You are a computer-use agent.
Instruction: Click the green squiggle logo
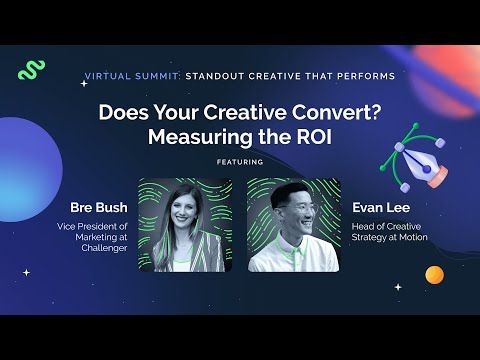coord(31,70)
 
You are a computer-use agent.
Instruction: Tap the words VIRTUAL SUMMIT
coord(132,76)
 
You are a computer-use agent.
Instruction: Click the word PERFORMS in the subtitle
coord(366,76)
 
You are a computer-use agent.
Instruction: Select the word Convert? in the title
coord(337,112)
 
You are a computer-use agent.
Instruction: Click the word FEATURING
coord(240,162)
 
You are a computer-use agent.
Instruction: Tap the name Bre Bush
coord(99,207)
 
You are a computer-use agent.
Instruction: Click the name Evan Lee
coord(381,207)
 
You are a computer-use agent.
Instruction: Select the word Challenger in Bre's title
coord(104,248)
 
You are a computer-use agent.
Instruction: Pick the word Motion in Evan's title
coord(413,237)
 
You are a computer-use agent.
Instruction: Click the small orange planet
coord(435,275)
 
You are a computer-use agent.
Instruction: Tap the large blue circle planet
coord(29,169)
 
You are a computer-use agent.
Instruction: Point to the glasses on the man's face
coord(298,210)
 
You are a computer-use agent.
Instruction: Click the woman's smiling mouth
coord(183,218)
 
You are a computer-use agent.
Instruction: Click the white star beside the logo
coord(84,83)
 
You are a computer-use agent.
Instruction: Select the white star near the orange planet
coord(398,287)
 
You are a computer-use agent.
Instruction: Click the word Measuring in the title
coord(200,137)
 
